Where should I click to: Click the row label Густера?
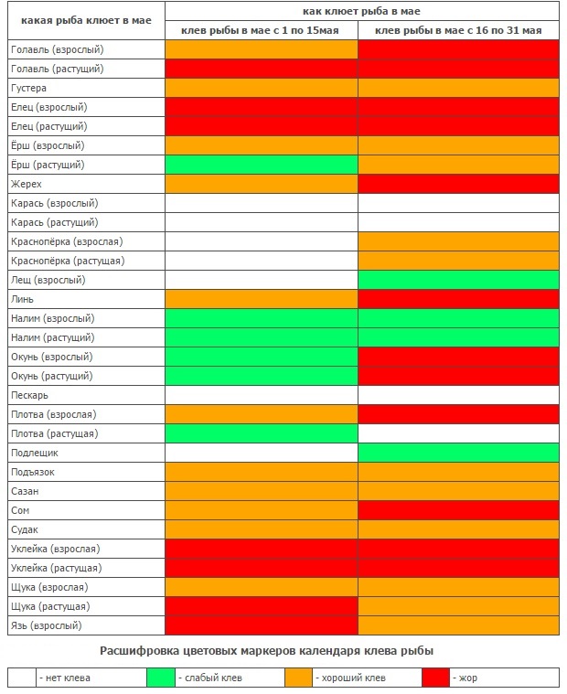[x=28, y=89]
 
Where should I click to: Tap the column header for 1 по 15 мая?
[x=261, y=31]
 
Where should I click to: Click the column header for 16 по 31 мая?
[x=458, y=31]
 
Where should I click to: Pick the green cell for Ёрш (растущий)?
[x=261, y=165]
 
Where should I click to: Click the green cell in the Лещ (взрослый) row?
[x=458, y=280]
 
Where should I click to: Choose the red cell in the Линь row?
[x=458, y=299]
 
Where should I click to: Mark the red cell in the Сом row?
[x=458, y=510]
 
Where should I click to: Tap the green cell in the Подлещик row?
[x=458, y=453]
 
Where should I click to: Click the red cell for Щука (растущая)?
[x=261, y=606]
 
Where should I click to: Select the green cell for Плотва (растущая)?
[x=261, y=433]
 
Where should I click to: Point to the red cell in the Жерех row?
[x=458, y=185]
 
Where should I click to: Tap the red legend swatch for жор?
[x=435, y=678]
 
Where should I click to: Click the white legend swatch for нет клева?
[x=22, y=678]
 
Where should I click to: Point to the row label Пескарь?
[x=30, y=395]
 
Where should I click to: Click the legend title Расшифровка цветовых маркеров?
[x=265, y=650]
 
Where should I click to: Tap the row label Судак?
[x=25, y=529]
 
